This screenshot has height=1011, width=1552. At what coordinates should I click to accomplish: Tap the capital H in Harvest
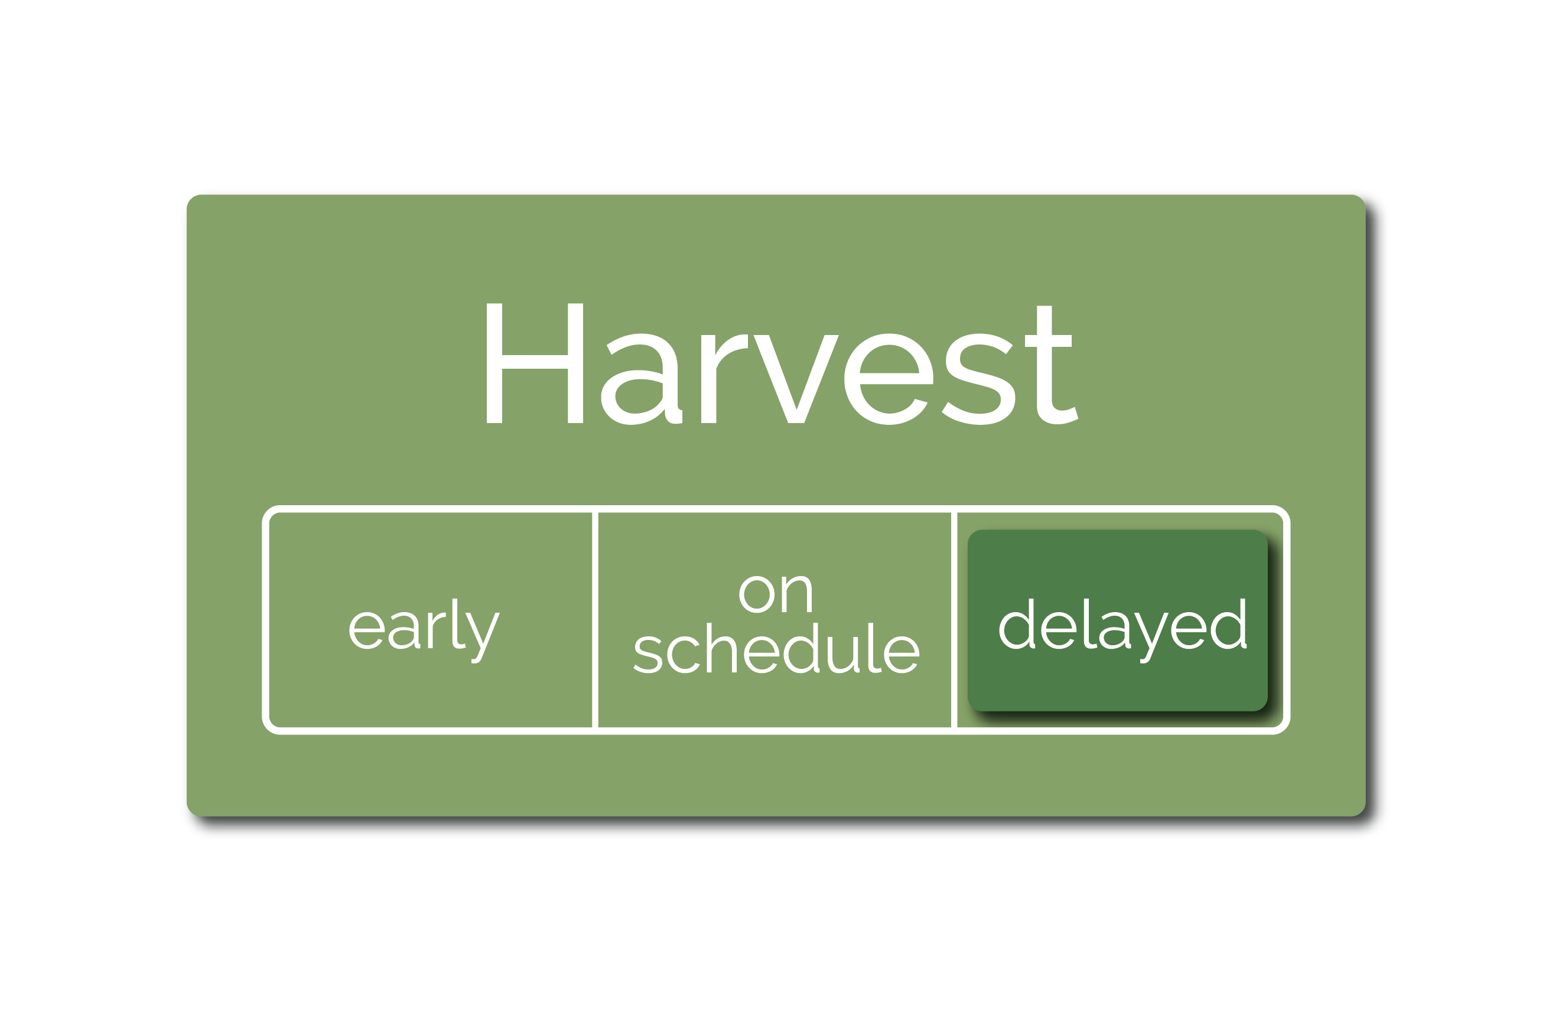[535, 363]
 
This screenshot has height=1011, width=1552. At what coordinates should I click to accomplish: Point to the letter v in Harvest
[796, 379]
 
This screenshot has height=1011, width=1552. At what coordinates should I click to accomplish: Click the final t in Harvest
[1051, 365]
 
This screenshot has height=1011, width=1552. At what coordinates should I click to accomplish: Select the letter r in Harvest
[724, 379]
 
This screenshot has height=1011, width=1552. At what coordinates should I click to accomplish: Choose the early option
[425, 630]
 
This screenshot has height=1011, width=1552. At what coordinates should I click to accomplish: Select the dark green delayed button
[1117, 620]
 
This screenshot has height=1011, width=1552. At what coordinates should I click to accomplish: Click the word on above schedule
[775, 594]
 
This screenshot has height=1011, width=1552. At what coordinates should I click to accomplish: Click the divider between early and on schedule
[595, 620]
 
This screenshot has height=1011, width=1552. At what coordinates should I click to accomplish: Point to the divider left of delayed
[954, 620]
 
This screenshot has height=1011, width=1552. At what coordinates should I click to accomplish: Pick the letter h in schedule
[721, 648]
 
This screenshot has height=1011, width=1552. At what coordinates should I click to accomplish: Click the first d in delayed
[1017, 624]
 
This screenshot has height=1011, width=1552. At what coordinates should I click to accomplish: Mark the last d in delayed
[1229, 624]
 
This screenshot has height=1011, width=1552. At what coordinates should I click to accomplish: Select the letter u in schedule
[842, 655]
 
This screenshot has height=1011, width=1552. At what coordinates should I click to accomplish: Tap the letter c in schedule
[684, 655]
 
